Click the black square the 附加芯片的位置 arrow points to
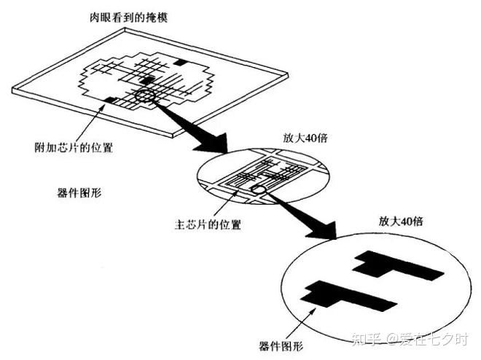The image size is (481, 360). coord(112,98)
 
